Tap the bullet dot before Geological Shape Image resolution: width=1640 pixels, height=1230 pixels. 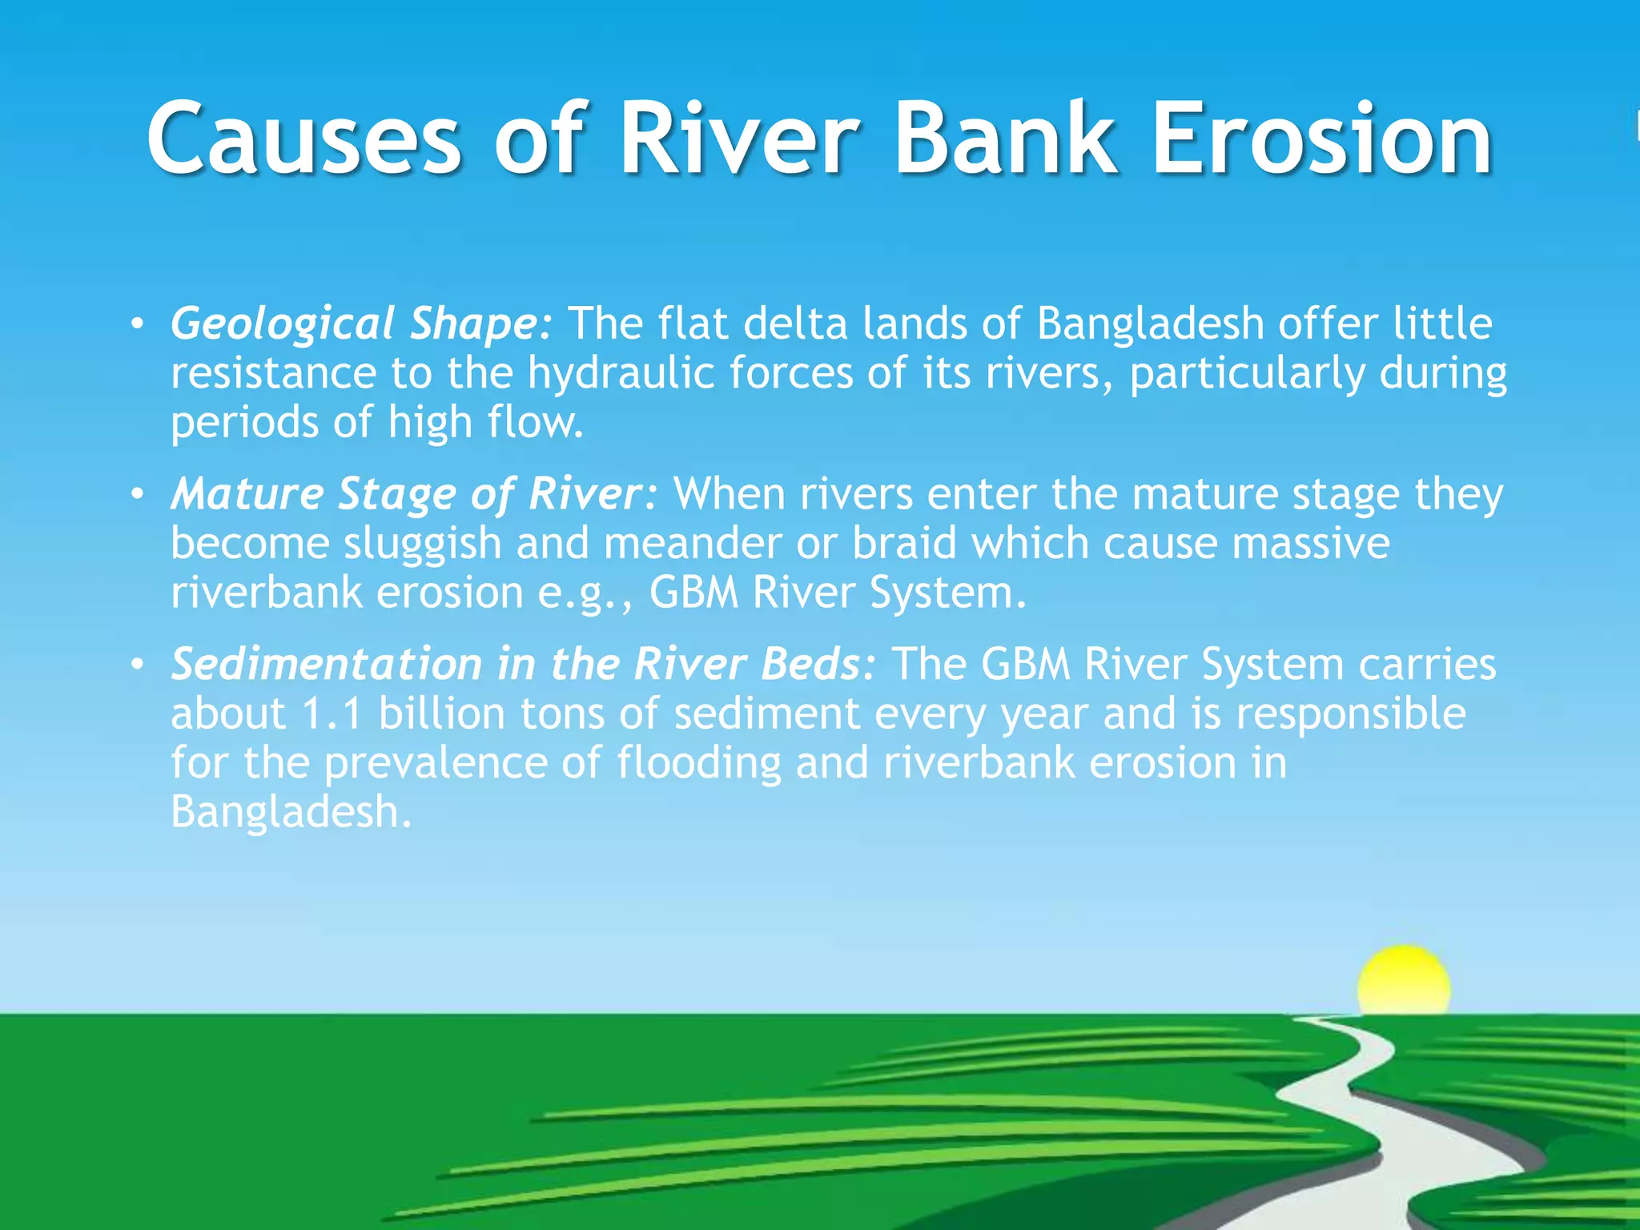(138, 325)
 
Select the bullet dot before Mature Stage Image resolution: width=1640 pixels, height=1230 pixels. (138, 495)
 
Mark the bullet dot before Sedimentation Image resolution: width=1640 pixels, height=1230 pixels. (138, 665)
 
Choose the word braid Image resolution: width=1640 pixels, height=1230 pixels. (904, 544)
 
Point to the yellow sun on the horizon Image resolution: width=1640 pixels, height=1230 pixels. (1403, 982)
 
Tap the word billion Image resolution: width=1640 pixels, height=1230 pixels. (441, 713)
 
